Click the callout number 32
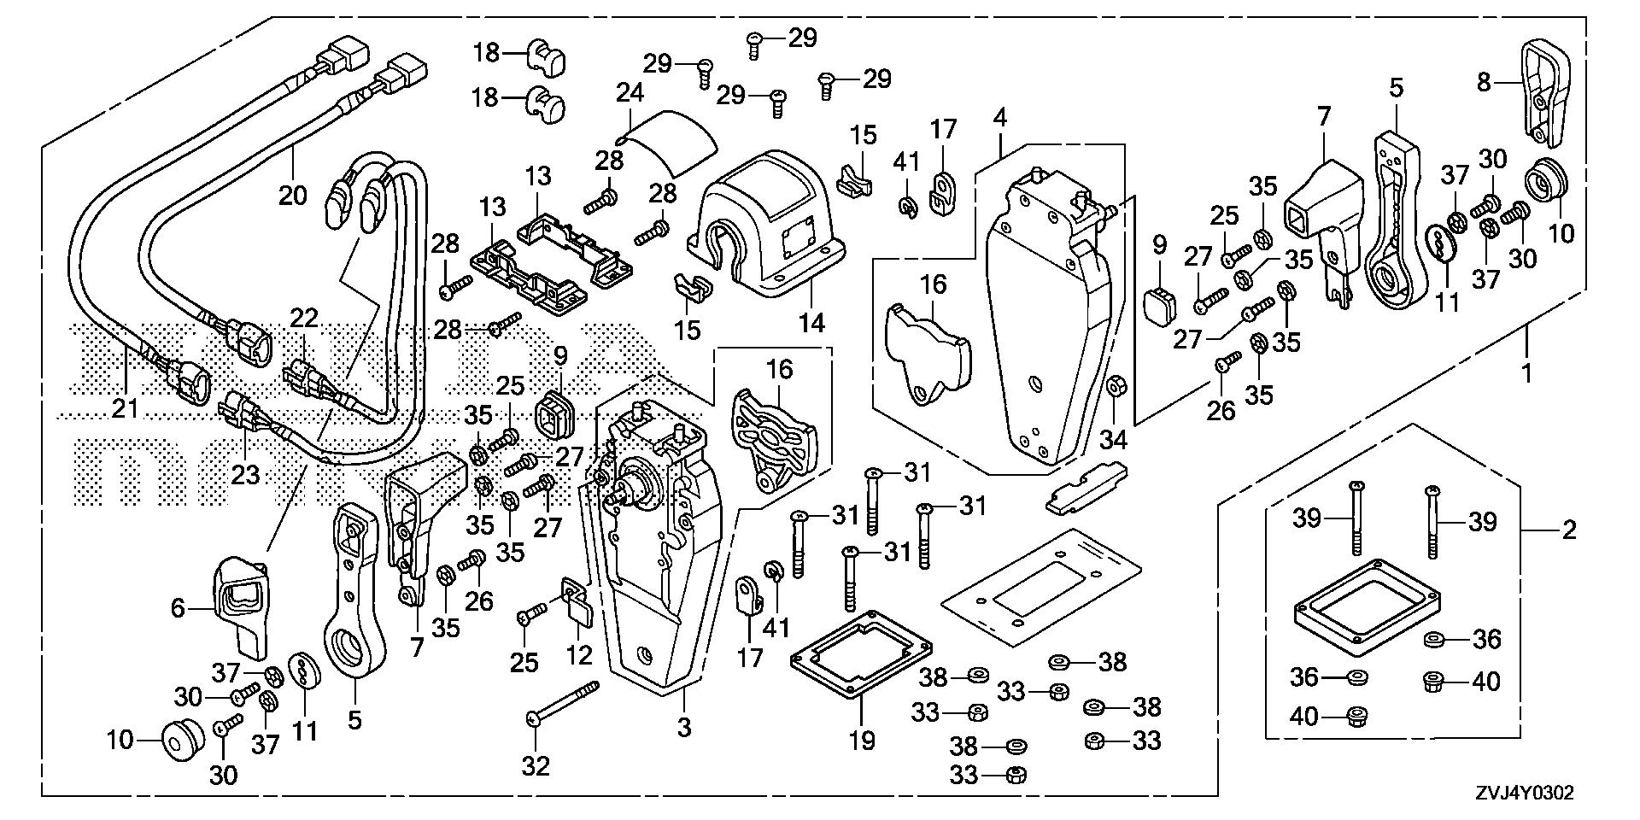[536, 766]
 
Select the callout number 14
[812, 323]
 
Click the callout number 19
[863, 740]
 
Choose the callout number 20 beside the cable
[293, 195]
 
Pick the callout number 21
[125, 408]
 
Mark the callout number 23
[245, 473]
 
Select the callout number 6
[178, 608]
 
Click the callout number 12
[579, 656]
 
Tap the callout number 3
[683, 727]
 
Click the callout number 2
[1568, 530]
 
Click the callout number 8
[1485, 82]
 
